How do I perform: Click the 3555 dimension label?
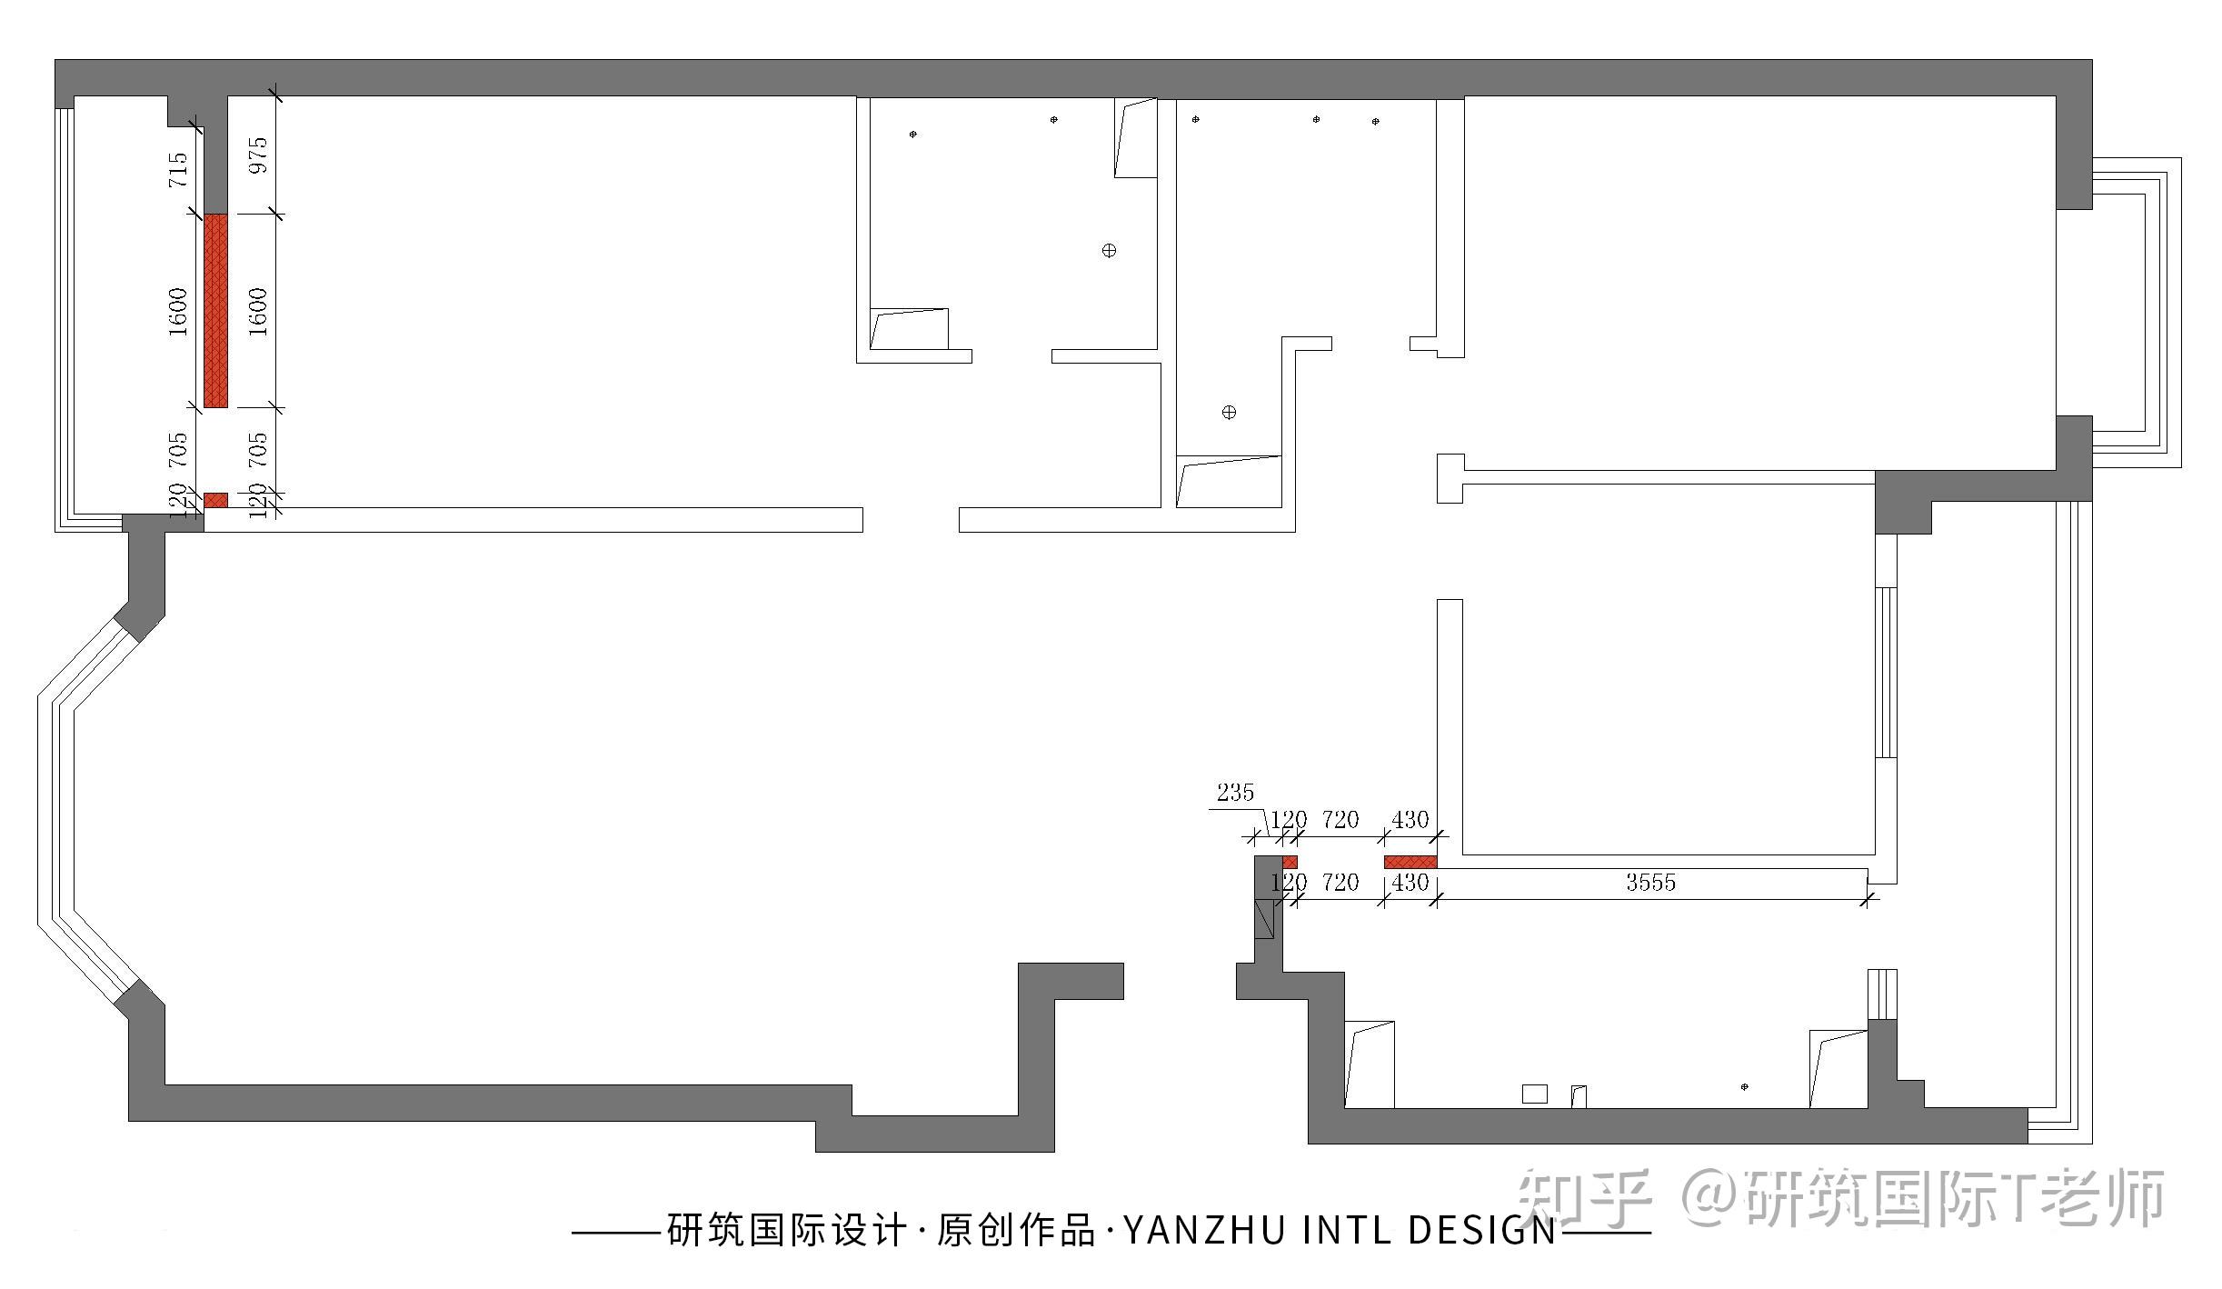point(1650,883)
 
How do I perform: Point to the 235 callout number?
point(1235,793)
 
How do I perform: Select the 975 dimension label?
point(259,155)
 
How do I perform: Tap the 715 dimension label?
point(179,170)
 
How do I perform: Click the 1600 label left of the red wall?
point(179,312)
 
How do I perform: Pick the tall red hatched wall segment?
point(215,310)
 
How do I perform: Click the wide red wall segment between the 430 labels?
point(1410,862)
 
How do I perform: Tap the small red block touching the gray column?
point(1290,862)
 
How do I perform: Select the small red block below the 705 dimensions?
point(215,500)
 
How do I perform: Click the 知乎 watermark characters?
point(1584,1198)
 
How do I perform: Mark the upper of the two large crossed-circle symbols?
point(1109,251)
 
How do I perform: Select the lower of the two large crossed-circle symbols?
point(1229,413)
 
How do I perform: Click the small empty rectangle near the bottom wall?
point(1534,1094)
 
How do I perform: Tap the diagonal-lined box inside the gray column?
point(1264,918)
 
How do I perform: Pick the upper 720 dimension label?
point(1340,821)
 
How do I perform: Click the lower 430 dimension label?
point(1410,883)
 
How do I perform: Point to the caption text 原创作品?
point(1016,1232)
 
